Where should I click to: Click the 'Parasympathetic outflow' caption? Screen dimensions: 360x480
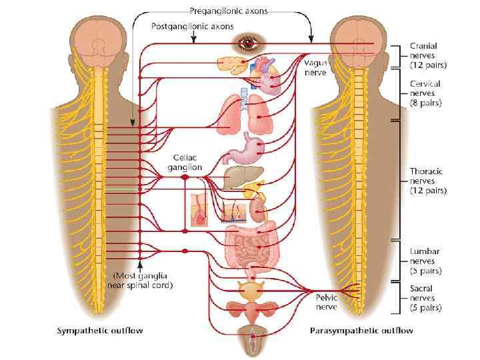[361, 330]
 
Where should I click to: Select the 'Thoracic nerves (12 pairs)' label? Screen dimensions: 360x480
[427, 181]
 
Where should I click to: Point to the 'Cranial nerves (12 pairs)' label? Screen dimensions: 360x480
[427, 55]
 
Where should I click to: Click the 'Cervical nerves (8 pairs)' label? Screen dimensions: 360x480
[427, 94]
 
